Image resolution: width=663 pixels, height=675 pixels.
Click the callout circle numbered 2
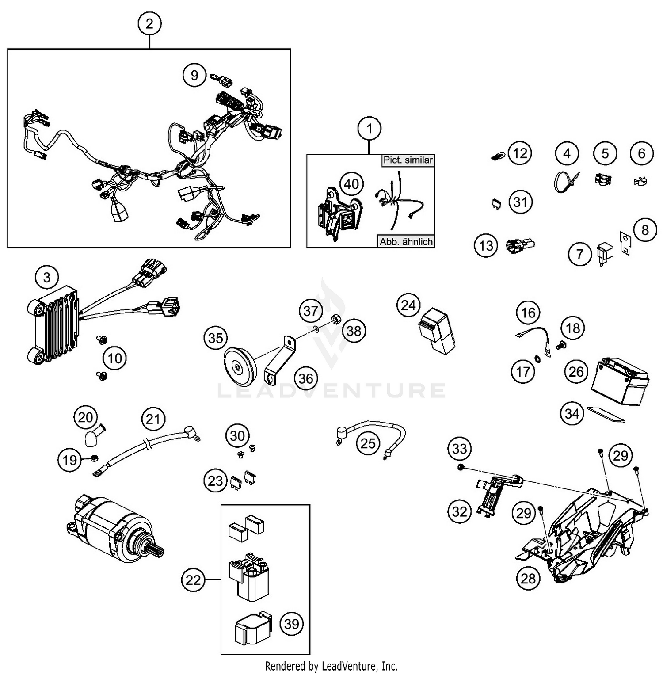[149, 23]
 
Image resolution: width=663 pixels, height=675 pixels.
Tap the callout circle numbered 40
[351, 183]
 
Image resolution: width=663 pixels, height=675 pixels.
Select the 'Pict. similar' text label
[408, 160]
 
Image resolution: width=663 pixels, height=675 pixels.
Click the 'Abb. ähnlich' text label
[406, 242]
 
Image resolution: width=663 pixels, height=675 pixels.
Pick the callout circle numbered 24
[408, 305]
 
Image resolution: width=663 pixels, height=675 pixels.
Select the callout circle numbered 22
[193, 580]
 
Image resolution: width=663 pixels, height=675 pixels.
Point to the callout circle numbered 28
[528, 578]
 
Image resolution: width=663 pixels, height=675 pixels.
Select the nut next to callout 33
[460, 467]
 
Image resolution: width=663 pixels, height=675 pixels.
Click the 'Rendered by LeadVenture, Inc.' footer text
[331, 666]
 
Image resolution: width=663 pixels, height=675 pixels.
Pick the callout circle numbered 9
[194, 75]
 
